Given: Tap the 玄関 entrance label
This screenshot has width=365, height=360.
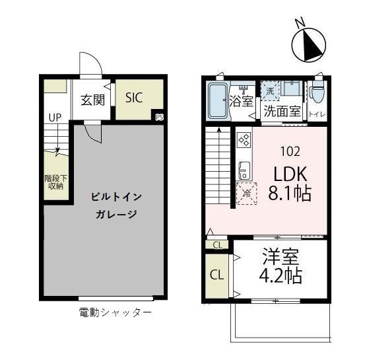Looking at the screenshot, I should coord(93,101).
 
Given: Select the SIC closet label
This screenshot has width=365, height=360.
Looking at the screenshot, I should coord(135,98).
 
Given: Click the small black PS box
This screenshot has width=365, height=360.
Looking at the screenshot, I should coord(159,117).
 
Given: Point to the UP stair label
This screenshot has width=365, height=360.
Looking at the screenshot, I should coord(54,118).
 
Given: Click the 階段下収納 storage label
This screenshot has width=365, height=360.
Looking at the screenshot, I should coord(54,182).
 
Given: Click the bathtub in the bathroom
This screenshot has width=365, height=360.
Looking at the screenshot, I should coord(217,102).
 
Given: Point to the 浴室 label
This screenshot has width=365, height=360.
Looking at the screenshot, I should coord(242,102).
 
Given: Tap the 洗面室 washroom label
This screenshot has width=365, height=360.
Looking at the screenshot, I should coord(282,112).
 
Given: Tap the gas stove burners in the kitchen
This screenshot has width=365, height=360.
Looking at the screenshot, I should coord(243,140).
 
